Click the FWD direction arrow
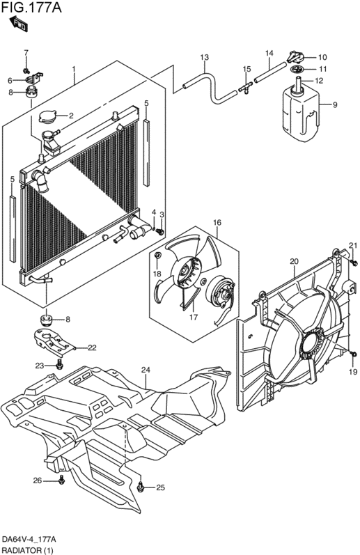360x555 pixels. point(18,23)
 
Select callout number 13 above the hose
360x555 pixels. point(204,57)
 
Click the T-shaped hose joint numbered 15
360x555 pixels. point(245,87)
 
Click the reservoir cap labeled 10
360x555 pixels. point(297,56)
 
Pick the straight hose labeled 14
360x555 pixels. point(269,73)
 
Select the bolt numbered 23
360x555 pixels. point(58,364)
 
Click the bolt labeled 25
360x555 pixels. point(141,487)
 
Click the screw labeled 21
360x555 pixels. point(354,262)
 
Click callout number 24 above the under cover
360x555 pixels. point(146,370)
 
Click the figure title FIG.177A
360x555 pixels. point(31,7)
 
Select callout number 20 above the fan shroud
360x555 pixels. point(294,262)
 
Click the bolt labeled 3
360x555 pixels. point(160,232)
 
